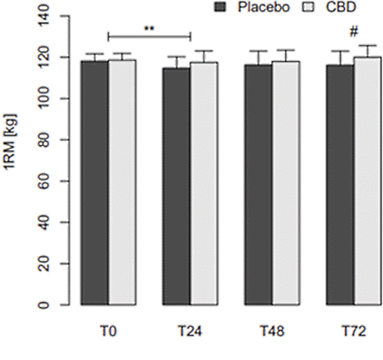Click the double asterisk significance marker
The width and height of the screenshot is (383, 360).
point(149,29)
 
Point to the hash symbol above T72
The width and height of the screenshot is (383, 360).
point(354,34)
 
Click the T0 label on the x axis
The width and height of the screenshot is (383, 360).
point(108,331)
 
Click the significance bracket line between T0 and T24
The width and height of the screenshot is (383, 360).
point(149,36)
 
